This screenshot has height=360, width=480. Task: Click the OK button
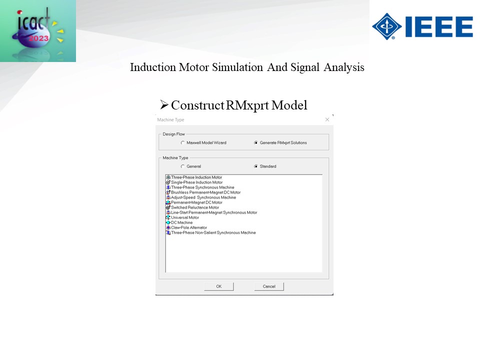pyautogui.click(x=218, y=286)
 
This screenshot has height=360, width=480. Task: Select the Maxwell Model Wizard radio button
pyautogui.click(x=183, y=142)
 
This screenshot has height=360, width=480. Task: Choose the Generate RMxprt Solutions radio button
pyautogui.click(x=256, y=142)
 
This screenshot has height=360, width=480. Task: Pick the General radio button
pyautogui.click(x=183, y=166)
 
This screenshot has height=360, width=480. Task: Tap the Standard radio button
pyautogui.click(x=256, y=166)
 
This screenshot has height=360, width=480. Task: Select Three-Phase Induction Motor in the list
pyautogui.click(x=196, y=177)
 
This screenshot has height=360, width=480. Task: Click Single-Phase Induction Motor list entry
pyautogui.click(x=196, y=182)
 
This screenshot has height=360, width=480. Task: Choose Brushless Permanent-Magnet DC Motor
pyautogui.click(x=205, y=192)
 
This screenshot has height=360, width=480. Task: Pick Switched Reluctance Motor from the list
pyautogui.click(x=195, y=207)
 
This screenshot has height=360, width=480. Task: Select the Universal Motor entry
pyautogui.click(x=185, y=217)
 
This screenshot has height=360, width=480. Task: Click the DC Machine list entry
pyautogui.click(x=182, y=222)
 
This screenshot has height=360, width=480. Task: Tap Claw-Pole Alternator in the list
pyautogui.click(x=189, y=228)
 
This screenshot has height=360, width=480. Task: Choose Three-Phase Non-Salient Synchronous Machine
pyautogui.click(x=213, y=232)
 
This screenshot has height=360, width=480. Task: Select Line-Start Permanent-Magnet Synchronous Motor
pyautogui.click(x=214, y=212)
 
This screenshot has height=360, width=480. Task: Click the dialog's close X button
pyautogui.click(x=327, y=119)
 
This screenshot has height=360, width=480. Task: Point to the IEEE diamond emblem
pyautogui.click(x=387, y=26)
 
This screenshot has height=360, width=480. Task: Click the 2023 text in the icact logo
pyautogui.click(x=38, y=38)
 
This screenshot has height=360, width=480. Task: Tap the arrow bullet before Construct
pyautogui.click(x=164, y=105)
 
